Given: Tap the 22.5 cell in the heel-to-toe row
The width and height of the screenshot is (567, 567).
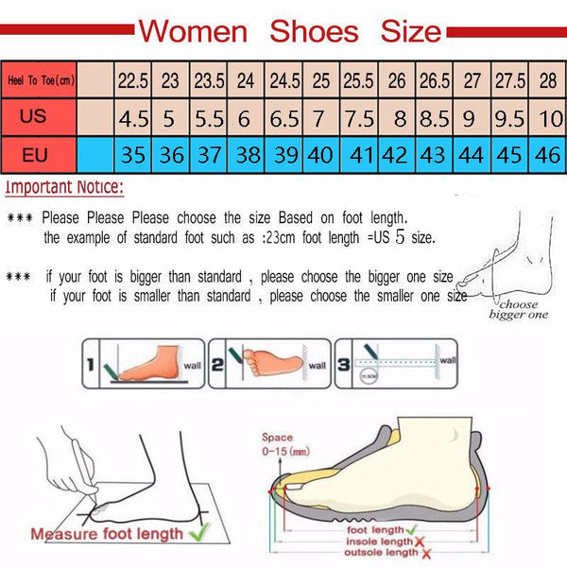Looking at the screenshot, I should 132,81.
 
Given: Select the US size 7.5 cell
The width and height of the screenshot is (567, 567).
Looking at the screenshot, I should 358,120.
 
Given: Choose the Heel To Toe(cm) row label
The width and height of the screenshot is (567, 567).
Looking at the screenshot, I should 39,81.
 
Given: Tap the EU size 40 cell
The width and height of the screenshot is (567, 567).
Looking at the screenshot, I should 321,154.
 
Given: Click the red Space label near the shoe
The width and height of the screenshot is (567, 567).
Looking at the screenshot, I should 277,438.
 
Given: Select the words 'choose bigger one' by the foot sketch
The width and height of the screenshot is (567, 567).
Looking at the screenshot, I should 518,309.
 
